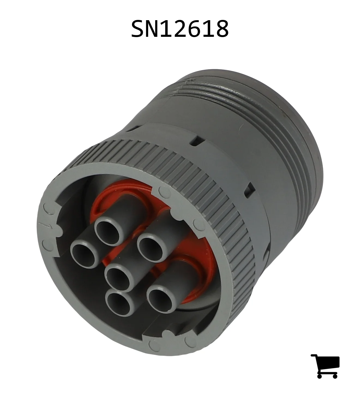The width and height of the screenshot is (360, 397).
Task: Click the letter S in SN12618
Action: pos(139,29)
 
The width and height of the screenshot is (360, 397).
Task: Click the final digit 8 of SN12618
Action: pos(221,29)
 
